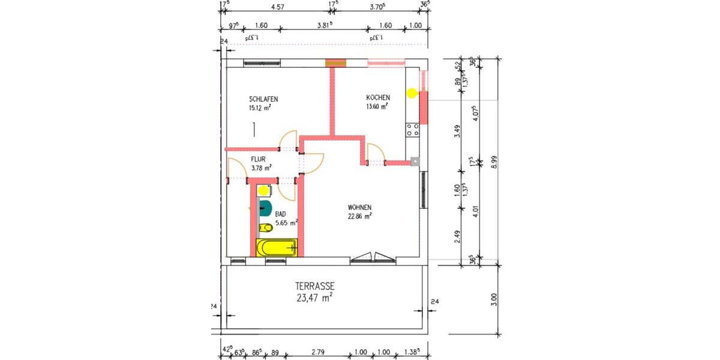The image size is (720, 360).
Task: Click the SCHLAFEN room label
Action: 263,99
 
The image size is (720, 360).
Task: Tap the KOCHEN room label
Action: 379,98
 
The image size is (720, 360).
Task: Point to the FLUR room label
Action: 258,160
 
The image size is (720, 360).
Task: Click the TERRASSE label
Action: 314,287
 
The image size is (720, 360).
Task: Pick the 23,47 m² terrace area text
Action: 314,298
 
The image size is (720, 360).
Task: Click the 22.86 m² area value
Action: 360,217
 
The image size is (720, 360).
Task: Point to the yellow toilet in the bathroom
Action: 265,227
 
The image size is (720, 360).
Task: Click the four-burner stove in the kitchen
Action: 412,130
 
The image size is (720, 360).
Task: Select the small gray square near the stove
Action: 415,161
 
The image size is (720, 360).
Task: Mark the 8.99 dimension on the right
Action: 494,162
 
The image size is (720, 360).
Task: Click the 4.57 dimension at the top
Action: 277,7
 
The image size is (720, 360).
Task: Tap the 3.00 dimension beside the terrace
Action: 494,298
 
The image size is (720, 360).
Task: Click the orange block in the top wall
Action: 336,62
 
